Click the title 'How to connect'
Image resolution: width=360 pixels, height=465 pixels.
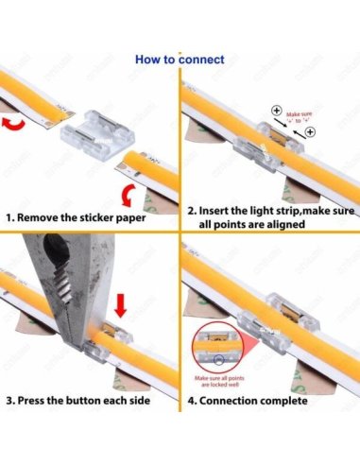180,60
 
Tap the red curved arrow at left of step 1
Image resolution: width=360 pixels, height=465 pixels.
14,124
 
